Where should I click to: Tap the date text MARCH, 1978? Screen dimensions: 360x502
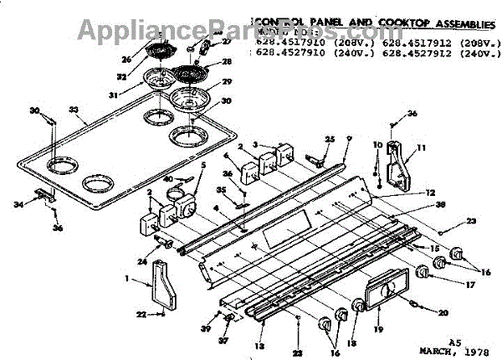click(453, 350)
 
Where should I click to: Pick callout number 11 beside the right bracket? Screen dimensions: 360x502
click(421, 148)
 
